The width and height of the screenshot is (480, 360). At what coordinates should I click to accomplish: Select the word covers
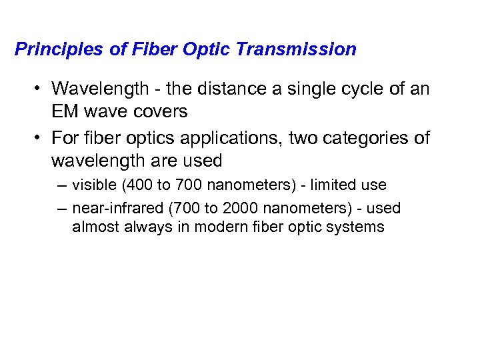[162, 111]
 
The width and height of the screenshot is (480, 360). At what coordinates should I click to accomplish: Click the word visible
[93, 184]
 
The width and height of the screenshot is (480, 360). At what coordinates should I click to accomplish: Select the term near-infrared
[118, 209]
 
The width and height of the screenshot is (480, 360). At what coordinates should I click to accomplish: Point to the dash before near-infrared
[62, 209]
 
